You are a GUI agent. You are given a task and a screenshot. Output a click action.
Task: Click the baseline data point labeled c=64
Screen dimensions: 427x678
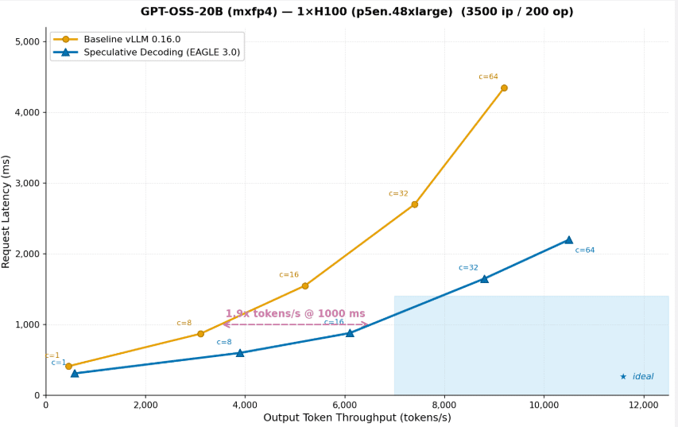[x=504, y=88]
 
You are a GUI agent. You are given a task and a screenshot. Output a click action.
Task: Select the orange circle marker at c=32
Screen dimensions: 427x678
[x=414, y=204]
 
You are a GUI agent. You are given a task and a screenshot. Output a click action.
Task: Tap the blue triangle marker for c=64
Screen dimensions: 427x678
[x=568, y=239]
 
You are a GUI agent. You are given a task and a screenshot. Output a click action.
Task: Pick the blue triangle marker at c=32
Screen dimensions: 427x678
[x=484, y=279]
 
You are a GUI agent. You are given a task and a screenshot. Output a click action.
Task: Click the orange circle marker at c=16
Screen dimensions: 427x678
[x=304, y=285]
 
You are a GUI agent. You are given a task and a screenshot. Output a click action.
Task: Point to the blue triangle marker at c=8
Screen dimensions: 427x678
[x=240, y=352]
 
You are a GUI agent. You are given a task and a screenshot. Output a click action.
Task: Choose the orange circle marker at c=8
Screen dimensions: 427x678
[x=200, y=334]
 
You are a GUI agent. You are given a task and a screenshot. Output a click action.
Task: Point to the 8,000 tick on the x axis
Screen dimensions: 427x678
[x=444, y=405]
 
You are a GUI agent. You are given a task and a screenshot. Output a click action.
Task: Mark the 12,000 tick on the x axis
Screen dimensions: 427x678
[x=643, y=405]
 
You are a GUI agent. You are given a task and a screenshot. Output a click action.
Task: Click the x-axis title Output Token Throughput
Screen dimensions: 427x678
[x=357, y=417]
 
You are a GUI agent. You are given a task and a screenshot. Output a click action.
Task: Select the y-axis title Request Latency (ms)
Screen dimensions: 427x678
[x=7, y=212]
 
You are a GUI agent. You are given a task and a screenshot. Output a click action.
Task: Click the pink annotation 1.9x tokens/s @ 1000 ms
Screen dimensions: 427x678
[x=295, y=314]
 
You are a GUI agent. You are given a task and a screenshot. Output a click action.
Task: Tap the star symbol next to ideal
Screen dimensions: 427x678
[x=623, y=377]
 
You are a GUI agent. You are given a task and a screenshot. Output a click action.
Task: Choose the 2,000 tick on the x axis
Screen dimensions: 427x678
[x=145, y=405]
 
